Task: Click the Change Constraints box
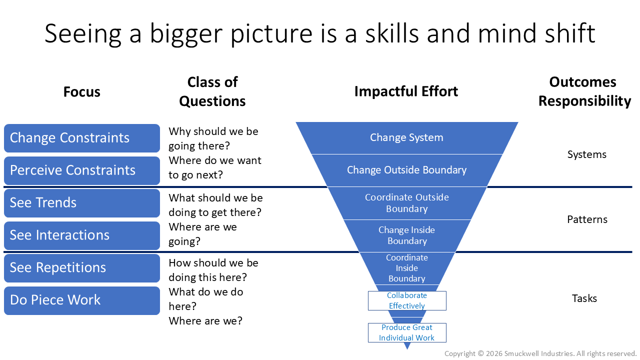[x=82, y=138]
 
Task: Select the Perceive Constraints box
[x=82, y=170]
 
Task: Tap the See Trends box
[x=82, y=203]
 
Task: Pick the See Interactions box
[x=82, y=235]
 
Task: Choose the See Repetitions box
[x=82, y=268]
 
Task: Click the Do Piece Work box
[x=82, y=300]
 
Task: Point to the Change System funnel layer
[x=406, y=137]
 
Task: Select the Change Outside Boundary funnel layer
[x=406, y=170]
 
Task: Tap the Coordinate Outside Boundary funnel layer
[x=406, y=203]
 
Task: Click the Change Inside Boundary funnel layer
[x=406, y=235]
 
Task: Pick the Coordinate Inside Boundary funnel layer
[x=406, y=268]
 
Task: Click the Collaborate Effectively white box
[x=407, y=300]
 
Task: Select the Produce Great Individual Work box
[x=407, y=332]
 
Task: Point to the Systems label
[x=587, y=154]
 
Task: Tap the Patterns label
[x=587, y=219]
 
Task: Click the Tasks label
[x=584, y=298]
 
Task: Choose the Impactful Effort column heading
[x=406, y=91]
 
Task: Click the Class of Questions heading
[x=212, y=91]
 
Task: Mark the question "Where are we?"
[x=205, y=320]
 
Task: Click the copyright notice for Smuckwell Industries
[x=540, y=353]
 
